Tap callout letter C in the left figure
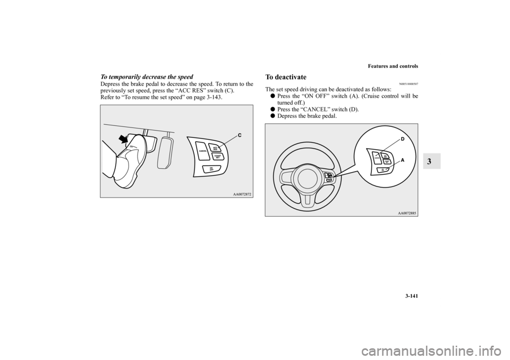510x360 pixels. tap(239, 135)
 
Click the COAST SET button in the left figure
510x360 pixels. tap(217, 156)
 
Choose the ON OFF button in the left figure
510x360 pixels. tap(211, 169)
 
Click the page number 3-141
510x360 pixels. tap(410, 308)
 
